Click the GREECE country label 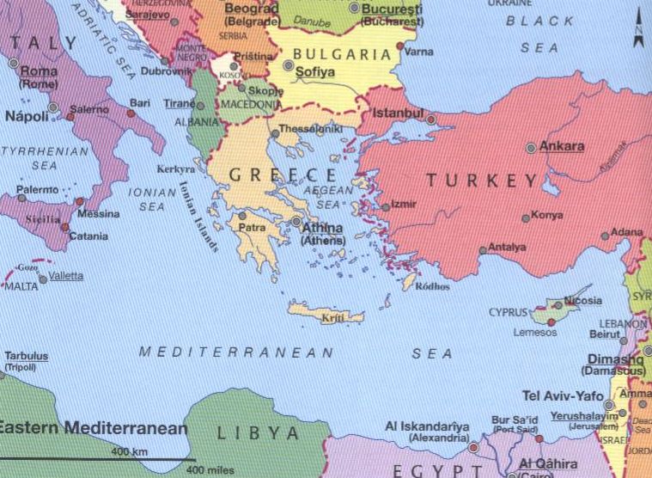[x=273, y=175]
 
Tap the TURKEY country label [x=481, y=181]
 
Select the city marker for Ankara [x=531, y=148]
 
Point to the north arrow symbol [x=637, y=29]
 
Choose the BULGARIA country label [x=342, y=53]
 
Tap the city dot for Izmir [x=385, y=206]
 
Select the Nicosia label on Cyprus [x=583, y=302]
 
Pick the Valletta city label [x=66, y=276]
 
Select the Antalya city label [x=506, y=248]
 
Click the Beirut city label [x=605, y=333]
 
